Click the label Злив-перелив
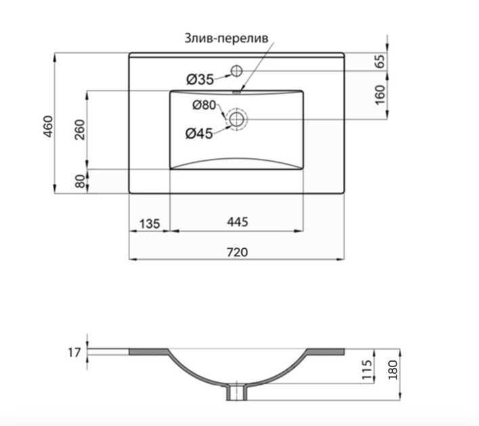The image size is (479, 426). click(x=226, y=39)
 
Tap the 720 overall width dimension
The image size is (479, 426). click(x=237, y=252)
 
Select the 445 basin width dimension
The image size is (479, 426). click(x=237, y=222)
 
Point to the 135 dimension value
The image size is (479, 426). click(x=149, y=224)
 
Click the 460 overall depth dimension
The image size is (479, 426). click(x=48, y=126)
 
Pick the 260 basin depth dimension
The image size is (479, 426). click(x=80, y=130)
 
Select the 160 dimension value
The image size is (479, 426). click(x=380, y=95)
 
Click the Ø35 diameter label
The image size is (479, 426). click(x=200, y=80)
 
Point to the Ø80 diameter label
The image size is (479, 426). click(x=204, y=105)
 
